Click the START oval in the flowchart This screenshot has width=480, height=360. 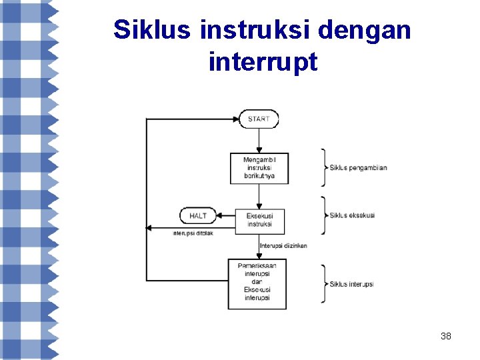click(259, 119)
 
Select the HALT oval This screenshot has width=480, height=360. click(198, 216)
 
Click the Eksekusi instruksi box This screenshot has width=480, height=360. click(259, 220)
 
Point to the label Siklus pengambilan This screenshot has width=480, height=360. click(358, 167)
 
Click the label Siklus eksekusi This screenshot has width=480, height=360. click(352, 215)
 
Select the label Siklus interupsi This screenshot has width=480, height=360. click(351, 284)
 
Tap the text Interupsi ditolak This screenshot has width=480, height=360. click(193, 233)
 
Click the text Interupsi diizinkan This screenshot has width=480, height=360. click(283, 246)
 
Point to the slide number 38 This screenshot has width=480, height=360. click(446, 336)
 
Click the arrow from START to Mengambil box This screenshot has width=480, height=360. click(259, 141)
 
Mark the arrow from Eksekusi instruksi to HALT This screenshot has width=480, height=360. click(226, 216)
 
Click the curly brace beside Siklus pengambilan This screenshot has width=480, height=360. click(323, 167)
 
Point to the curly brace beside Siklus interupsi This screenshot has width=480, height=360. click(323, 284)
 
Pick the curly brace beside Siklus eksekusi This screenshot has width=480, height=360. click(323, 215)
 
